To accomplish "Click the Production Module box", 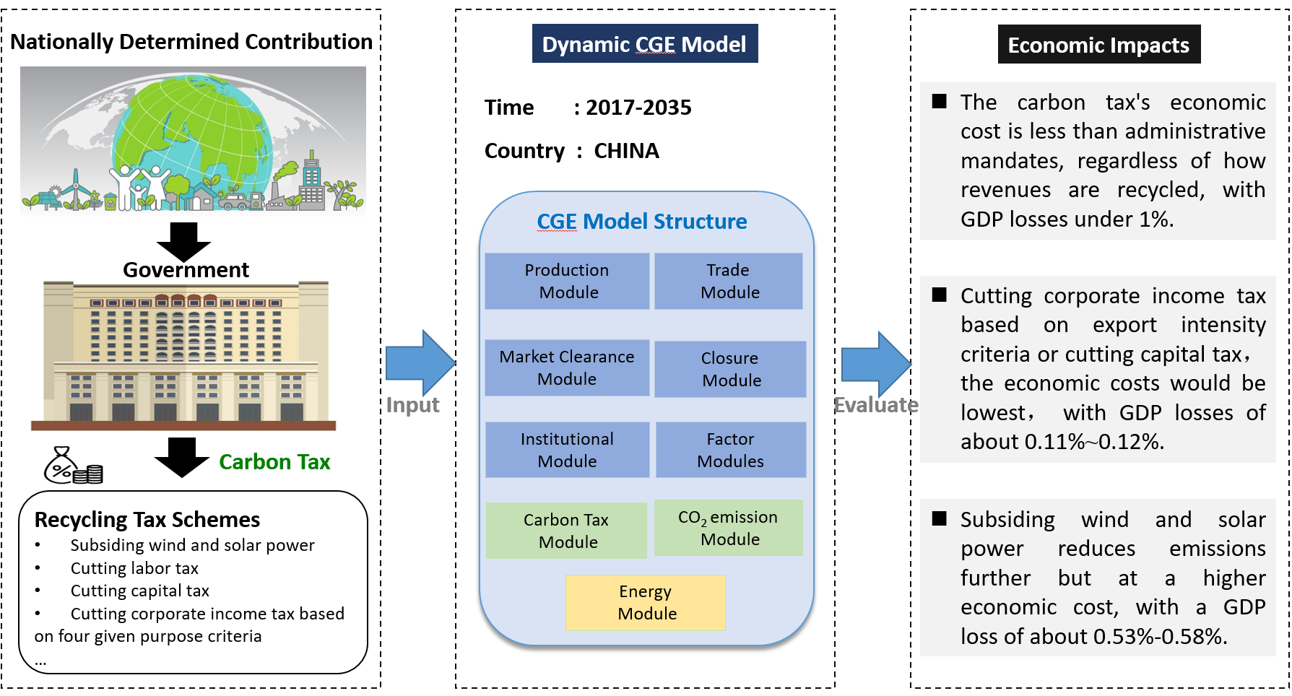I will pos(567,281).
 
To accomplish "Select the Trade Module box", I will pos(729,281).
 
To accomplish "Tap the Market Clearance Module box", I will pos(567,367).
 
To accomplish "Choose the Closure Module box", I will pos(730,369).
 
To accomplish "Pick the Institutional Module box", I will pos(567,450).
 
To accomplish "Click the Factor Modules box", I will pos(730,450).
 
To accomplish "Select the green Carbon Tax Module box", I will pos(566,531).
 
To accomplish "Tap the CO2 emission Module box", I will pos(728,528).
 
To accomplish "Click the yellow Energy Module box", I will pos(645,603).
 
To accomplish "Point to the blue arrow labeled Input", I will pos(419,363).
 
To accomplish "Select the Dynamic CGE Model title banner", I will pos(644,44).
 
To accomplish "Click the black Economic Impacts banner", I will pos(1098,45).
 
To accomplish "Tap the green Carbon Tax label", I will pos(274,462).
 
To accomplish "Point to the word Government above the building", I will pos(186,270).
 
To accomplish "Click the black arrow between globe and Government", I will pos(183,240).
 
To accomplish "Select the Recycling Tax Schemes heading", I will pos(147,520).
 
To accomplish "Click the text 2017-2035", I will pos(638,108).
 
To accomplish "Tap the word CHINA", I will pos(626,151).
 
